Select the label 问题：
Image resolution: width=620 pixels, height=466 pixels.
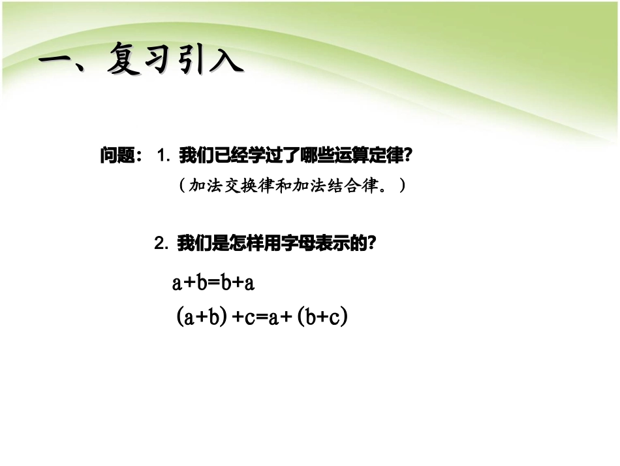(x=122, y=156)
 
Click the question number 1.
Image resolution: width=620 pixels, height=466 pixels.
(x=163, y=156)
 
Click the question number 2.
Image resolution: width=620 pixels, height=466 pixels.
(x=161, y=244)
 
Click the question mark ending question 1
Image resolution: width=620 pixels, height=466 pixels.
(x=409, y=156)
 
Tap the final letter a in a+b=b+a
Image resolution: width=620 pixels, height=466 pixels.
(x=248, y=283)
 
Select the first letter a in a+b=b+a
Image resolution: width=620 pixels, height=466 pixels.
(x=177, y=283)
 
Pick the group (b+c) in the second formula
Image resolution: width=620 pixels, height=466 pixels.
(x=321, y=318)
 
